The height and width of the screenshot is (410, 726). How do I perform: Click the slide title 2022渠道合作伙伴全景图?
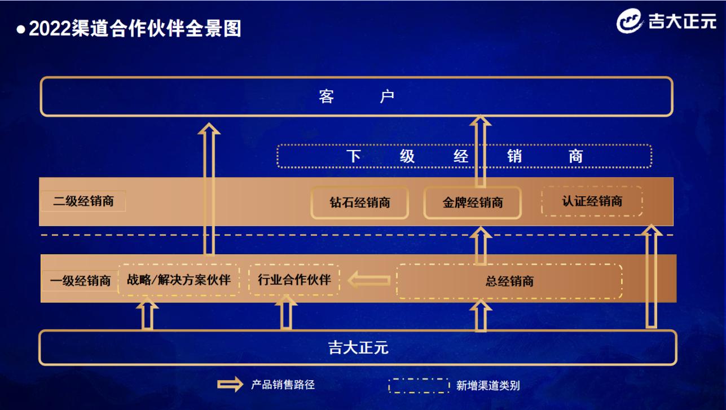[x=135, y=28]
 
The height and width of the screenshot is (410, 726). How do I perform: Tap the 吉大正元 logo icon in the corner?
[x=630, y=23]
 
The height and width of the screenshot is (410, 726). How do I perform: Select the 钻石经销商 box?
[x=359, y=202]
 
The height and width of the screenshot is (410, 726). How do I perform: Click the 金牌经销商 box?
[x=472, y=202]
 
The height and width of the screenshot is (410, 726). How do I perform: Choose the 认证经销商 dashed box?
[x=592, y=201]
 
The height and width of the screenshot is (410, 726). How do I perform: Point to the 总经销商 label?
[x=509, y=281]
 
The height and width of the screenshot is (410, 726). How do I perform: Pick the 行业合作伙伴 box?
[x=294, y=279]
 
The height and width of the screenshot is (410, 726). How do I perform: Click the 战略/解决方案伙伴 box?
[x=179, y=279]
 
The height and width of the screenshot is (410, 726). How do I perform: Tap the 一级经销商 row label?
[x=80, y=280]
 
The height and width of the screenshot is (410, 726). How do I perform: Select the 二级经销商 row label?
[x=83, y=201]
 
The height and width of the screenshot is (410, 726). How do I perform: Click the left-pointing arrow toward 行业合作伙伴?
[x=369, y=279]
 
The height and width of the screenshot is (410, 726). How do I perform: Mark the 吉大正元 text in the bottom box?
[x=358, y=347]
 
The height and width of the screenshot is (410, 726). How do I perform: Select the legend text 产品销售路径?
[x=282, y=385]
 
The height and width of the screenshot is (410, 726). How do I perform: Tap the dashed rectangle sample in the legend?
[x=419, y=386]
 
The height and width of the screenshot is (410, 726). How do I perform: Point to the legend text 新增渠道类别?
[x=487, y=386]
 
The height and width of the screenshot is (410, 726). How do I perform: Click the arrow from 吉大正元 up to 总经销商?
[x=481, y=316]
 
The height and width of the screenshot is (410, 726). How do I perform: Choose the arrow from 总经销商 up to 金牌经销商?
[x=481, y=245]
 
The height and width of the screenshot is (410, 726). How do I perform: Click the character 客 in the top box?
[x=326, y=97]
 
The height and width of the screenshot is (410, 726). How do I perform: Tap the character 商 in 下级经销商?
[x=575, y=156]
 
